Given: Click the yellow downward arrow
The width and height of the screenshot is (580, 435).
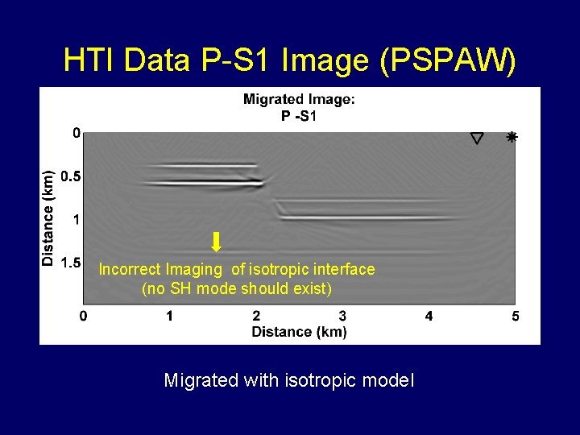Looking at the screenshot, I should point(216,242).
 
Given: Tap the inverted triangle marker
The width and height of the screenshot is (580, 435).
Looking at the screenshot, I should point(477,139).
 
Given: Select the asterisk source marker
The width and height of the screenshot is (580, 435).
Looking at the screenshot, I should point(511,138).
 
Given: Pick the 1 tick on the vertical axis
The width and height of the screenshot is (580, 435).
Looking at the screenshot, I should point(76,219).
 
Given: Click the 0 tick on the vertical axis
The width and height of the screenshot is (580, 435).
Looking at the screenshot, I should point(76,133).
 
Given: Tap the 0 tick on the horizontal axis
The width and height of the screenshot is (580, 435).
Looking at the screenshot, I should point(84,316).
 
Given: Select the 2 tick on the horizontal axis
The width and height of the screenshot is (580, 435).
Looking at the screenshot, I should point(256,316).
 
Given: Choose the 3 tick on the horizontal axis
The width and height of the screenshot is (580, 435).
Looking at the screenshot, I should point(342,316).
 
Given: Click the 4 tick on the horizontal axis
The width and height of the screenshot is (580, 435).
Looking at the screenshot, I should point(429,316).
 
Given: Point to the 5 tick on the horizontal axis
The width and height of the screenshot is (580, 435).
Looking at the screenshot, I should point(515,316).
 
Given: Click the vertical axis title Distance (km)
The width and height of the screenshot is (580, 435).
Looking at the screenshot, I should point(48,217).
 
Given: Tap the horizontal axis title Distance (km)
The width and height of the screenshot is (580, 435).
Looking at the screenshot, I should point(299,331).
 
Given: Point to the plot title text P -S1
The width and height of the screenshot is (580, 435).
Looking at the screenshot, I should point(299,116).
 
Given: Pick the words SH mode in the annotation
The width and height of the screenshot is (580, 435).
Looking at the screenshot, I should point(197,288).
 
